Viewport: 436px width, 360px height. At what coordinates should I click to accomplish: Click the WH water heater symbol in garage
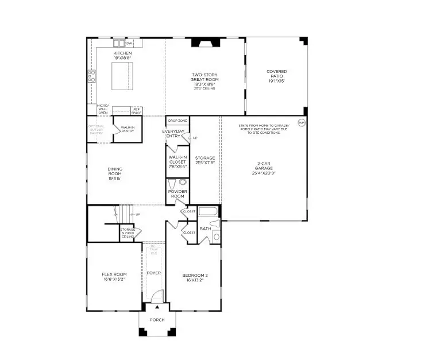pos(301,122)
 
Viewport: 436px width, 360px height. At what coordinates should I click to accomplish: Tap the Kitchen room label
pos(122,53)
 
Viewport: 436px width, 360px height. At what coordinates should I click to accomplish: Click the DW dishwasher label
pos(129,43)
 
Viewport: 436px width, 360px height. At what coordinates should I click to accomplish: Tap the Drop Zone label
pos(177,121)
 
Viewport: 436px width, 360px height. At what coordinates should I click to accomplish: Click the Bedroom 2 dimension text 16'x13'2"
pos(195,280)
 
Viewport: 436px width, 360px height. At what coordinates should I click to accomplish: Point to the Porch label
pos(157,320)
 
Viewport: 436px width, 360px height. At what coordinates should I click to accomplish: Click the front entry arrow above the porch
pos(157,307)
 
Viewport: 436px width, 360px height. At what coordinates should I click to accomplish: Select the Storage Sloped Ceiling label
pos(128,233)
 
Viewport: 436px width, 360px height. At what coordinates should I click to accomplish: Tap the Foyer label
pos(153,273)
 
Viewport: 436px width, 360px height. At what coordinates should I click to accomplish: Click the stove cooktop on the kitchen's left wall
pos(91,76)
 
